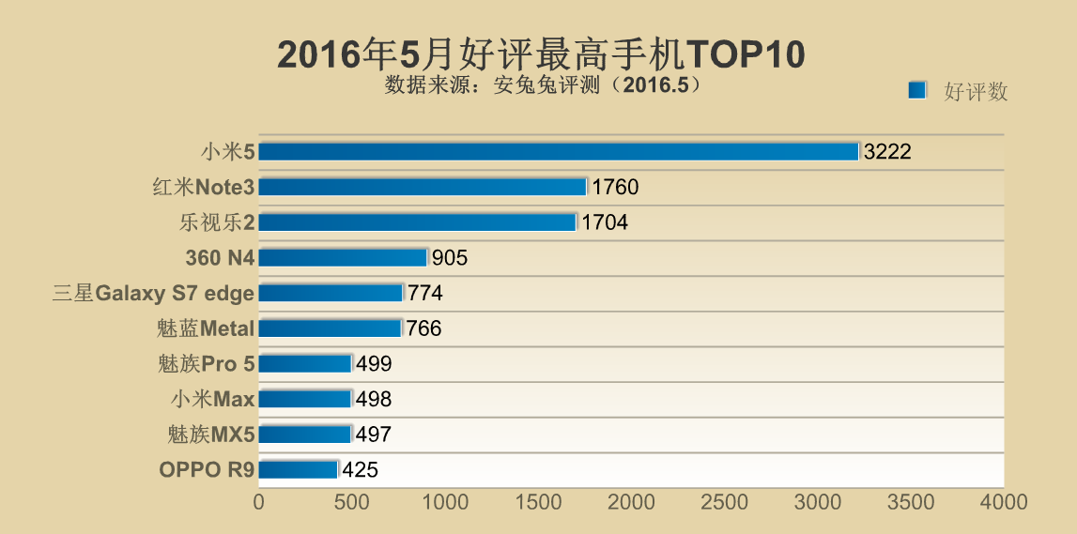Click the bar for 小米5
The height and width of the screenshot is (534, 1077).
559,152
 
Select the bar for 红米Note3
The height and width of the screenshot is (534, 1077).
423,187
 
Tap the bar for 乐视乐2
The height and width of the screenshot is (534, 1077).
417,222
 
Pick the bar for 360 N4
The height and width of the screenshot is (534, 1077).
343,257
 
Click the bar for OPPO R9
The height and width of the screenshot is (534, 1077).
299,469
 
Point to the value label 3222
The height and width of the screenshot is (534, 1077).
887,152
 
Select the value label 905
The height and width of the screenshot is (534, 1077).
450,258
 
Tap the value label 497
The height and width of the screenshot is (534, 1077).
373,435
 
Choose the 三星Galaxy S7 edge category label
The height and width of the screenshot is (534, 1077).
153,294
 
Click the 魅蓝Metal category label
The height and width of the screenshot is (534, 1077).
206,328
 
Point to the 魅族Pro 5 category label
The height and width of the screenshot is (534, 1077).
206,364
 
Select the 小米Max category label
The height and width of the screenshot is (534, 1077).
212,400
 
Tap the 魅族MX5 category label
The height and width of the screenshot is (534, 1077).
209,435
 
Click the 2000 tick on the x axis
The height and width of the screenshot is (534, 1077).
631,502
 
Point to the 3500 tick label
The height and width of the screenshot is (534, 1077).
910,502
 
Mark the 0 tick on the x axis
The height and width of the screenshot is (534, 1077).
259,502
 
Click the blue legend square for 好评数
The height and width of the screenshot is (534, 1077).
917,90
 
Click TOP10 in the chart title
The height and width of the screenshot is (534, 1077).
746,54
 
